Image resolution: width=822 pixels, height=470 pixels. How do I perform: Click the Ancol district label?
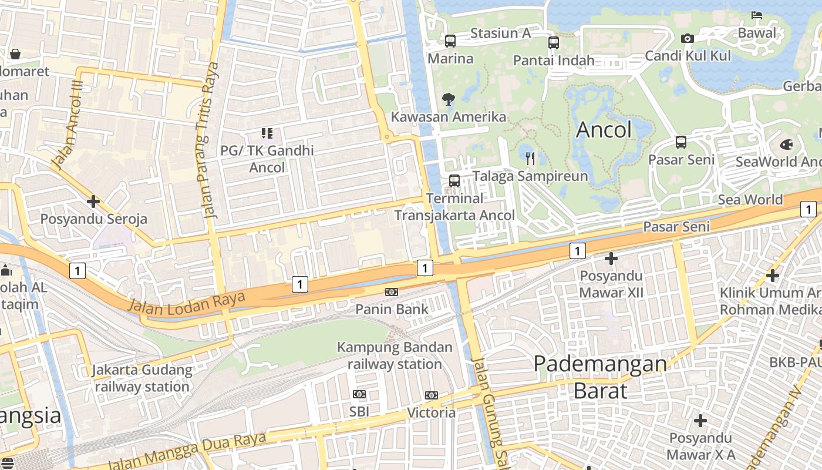(604, 130)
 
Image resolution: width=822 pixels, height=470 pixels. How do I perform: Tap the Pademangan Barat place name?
(600, 377)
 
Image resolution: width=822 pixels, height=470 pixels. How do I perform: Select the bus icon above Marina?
(450, 41)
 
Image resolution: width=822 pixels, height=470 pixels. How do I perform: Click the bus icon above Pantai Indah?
(554, 42)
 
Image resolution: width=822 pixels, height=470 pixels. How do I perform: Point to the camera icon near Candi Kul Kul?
(688, 39)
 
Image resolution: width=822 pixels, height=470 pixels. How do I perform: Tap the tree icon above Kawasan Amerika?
(449, 99)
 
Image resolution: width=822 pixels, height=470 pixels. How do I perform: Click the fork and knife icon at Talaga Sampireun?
(530, 158)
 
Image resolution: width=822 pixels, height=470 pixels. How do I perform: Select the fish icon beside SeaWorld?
(786, 145)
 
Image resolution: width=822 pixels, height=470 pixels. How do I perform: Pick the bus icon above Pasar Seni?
(681, 142)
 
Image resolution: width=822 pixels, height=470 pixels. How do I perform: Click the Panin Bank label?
(392, 309)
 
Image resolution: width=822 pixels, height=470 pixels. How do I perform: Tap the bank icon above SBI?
(359, 394)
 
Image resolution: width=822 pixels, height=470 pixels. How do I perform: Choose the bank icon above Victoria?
(432, 395)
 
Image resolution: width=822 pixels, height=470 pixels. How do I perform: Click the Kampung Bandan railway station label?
(395, 355)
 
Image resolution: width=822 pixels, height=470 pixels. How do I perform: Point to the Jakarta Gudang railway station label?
(142, 378)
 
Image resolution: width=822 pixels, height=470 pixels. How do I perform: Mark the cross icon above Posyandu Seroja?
(93, 202)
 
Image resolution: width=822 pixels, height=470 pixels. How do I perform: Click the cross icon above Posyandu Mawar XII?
(611, 258)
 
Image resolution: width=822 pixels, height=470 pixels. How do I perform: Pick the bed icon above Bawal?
(757, 15)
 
